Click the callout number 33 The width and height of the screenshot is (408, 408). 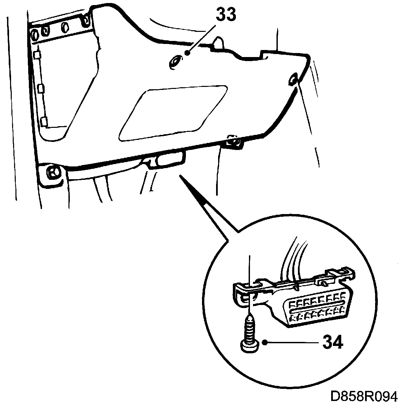225,15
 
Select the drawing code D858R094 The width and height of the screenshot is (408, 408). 364,396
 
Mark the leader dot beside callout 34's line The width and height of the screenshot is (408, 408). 265,343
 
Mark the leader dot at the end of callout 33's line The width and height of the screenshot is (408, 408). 188,52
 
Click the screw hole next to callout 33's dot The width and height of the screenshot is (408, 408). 175,61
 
